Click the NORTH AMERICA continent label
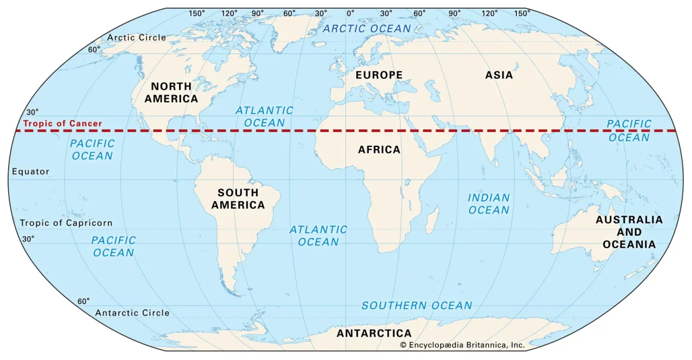pos(171,92)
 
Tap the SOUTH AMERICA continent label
pos(238,199)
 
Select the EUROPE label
pos(378,75)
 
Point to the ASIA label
pos(498,75)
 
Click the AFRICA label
pos(379,149)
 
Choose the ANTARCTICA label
pos(374,333)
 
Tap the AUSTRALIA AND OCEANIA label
pos(629,232)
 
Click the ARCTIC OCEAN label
pos(367,29)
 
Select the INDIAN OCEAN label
pos(489,204)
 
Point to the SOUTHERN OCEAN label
pos(417,305)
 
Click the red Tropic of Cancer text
pos(62,123)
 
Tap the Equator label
pos(30,171)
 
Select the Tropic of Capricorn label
pos(66,223)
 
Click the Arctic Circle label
pos(136,37)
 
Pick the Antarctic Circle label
pos(132,312)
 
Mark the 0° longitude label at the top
pos(350,13)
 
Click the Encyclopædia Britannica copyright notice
pos(462,344)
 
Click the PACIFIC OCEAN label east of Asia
pos(629,130)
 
